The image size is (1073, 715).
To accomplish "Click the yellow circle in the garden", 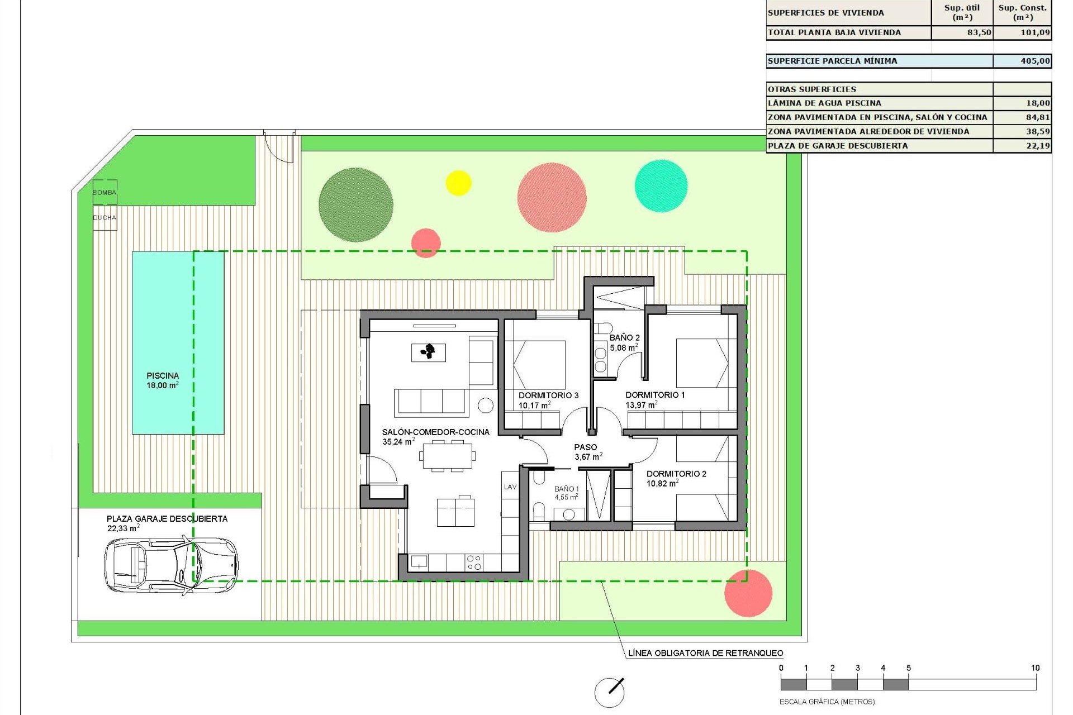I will tap(458, 183).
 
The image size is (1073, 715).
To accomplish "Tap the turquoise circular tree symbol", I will tap(661, 186).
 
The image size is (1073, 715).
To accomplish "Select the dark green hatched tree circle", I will tap(355, 204).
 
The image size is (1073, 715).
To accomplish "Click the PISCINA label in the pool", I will tap(163, 376).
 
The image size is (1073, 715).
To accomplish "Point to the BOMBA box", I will tap(105, 192).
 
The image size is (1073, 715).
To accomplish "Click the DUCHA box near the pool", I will tap(105, 218).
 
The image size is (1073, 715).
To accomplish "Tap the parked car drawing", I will tap(170, 564).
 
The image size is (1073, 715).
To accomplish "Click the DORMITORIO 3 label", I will tap(548, 395).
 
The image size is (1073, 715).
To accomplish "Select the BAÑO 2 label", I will tap(624, 338).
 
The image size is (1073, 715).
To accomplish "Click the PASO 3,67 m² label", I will tap(587, 452).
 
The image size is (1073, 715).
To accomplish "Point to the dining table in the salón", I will tap(447, 456).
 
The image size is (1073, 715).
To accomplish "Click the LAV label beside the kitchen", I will tap(510, 487).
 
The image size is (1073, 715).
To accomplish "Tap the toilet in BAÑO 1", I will tap(539, 511).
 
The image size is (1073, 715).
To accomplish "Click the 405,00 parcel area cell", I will tap(1022, 61).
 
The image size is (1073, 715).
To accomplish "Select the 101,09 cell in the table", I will tap(1023, 32).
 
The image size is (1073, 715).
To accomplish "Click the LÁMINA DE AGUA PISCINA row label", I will tap(824, 103).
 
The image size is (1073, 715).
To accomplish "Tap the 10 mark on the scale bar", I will tap(1035, 668).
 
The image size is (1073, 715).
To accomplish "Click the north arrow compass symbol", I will tap(609, 692).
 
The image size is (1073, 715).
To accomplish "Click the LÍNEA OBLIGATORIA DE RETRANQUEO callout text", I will tap(705, 653).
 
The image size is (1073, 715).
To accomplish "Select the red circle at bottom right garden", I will tap(748, 593).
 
